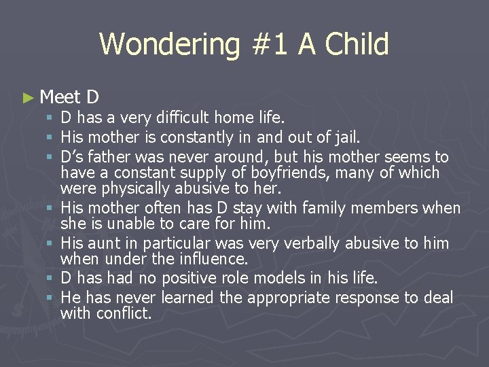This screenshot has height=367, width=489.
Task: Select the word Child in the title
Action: click(357, 45)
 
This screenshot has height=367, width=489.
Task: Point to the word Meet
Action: click(60, 98)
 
